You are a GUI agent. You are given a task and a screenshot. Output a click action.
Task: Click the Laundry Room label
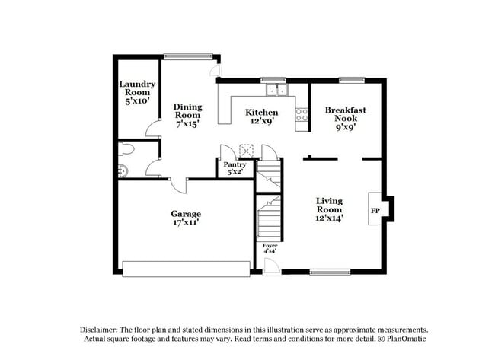coord(138,91)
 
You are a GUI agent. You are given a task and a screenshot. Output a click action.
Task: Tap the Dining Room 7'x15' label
coord(187,115)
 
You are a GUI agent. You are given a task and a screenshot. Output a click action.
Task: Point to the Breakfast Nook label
coord(345,119)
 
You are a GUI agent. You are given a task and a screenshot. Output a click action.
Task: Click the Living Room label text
coord(330,209)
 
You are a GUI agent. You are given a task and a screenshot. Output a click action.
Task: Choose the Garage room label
coord(185,218)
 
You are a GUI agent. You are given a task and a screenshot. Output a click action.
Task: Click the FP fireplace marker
coord(375,210)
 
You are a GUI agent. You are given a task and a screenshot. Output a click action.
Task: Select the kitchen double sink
coord(276,91)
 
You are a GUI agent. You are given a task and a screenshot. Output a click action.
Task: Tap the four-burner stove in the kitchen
coord(302,115)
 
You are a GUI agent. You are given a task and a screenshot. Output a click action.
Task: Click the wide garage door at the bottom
coord(186,269)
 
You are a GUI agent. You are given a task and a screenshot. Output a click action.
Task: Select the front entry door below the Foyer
coord(271,265)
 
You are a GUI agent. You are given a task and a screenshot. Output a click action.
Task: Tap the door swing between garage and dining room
coord(177,185)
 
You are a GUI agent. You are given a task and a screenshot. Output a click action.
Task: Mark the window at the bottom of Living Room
coord(329,272)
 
